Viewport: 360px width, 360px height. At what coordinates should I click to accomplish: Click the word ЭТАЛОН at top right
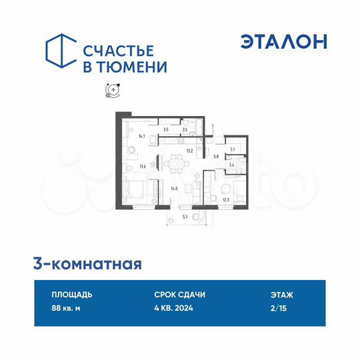(x=284, y=41)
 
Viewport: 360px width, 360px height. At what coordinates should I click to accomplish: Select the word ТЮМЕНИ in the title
(x=136, y=67)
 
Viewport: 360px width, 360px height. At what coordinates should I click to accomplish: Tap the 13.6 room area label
(x=142, y=167)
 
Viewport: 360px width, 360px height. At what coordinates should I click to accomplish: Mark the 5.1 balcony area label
(x=185, y=217)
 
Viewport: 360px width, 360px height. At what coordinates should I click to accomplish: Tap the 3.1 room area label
(x=231, y=149)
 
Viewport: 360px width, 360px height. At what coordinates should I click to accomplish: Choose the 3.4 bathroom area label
(x=231, y=163)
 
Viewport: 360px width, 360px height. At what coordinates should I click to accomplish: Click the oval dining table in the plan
(x=177, y=162)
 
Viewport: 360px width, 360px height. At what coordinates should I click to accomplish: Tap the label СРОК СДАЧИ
(x=179, y=294)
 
